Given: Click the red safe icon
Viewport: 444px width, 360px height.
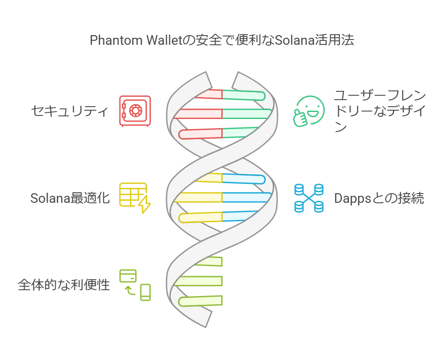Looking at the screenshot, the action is pyautogui.click(x=135, y=111).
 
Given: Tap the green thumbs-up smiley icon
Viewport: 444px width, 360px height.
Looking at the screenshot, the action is pyautogui.click(x=309, y=111).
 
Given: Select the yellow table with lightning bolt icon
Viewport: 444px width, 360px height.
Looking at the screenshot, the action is pyautogui.click(x=135, y=198).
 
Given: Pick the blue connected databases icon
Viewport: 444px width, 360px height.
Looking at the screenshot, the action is pyautogui.click(x=309, y=198).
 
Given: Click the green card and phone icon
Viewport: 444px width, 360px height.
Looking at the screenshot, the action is pyautogui.click(x=135, y=285).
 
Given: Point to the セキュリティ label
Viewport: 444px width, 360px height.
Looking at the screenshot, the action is pyautogui.click(x=70, y=111).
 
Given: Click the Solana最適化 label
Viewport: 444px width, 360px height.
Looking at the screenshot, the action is pyautogui.click(x=70, y=198).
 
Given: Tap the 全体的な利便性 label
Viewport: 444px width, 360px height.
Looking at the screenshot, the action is pyautogui.click(x=64, y=285).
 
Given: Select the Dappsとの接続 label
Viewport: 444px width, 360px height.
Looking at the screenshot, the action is pyautogui.click(x=379, y=198).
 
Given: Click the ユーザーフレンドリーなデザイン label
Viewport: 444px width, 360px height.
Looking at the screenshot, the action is pyautogui.click(x=380, y=111).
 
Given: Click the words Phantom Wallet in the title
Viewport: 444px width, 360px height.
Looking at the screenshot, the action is pyautogui.click(x=136, y=40).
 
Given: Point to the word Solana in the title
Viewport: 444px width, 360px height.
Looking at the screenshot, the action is pyautogui.click(x=295, y=40).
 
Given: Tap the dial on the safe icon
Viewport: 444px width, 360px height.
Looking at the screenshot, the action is pyautogui.click(x=136, y=110).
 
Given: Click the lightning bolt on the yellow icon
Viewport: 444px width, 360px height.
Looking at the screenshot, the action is pyautogui.click(x=144, y=204).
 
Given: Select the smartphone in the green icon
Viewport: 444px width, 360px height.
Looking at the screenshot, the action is pyautogui.click(x=145, y=292).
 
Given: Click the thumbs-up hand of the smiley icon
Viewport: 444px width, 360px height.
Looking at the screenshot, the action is pyautogui.click(x=300, y=118).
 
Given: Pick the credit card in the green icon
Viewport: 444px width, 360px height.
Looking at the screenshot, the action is pyautogui.click(x=128, y=276).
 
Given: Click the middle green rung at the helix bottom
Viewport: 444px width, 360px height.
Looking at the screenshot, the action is pyautogui.click(x=198, y=281).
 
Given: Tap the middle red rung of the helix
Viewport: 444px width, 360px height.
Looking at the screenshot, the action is pyautogui.click(x=198, y=114).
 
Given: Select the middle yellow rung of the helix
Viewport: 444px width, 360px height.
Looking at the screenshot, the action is pyautogui.click(x=198, y=197).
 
